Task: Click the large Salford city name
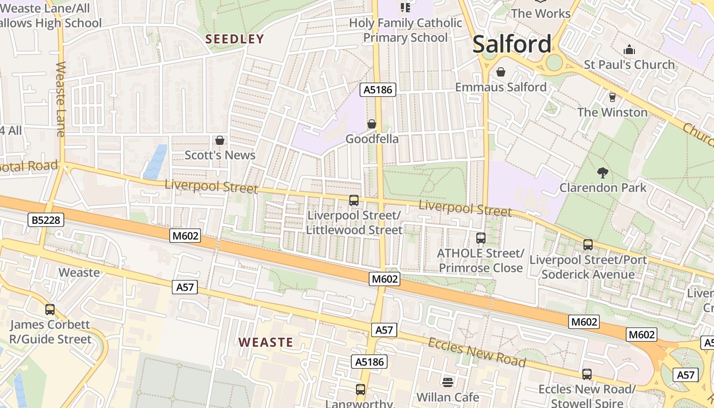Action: [512, 44]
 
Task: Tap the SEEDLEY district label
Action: [235, 39]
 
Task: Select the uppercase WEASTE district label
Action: [266, 342]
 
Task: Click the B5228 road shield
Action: [46, 220]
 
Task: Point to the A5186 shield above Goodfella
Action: [378, 90]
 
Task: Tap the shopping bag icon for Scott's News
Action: [220, 140]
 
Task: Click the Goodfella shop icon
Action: [372, 124]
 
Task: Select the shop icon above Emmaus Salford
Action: [501, 72]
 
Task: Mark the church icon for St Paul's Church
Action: [629, 50]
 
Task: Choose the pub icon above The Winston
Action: [612, 97]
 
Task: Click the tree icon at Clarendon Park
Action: [603, 173]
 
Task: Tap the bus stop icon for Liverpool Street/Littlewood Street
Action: [354, 200]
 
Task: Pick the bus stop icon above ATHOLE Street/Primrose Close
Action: [480, 238]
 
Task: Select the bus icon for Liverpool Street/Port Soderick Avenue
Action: [588, 245]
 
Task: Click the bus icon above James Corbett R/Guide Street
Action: [50, 309]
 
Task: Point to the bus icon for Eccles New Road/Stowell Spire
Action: [587, 374]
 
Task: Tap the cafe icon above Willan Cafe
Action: [448, 382]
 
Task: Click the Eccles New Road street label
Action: [476, 352]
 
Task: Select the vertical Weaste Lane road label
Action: [61, 99]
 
